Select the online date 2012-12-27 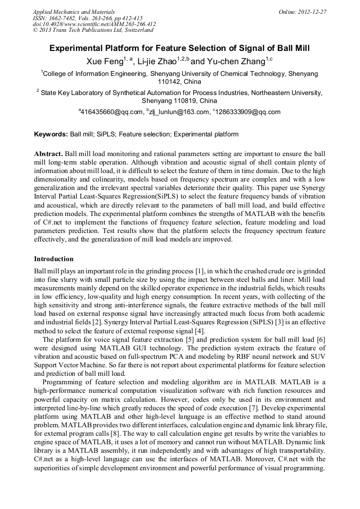pyautogui.click(x=311, y=12)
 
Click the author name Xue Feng pyautogui.click(x=105, y=62)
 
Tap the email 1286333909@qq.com pyautogui.click(x=248, y=112)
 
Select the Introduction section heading pyautogui.click(x=54, y=259)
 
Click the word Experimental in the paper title pyautogui.click(x=80, y=48)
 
